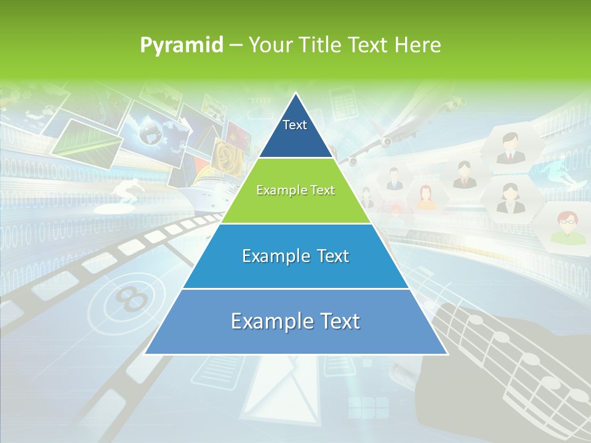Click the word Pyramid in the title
pos(182,46)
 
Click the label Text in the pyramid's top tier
pos(294,125)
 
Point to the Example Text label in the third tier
pos(295,256)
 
